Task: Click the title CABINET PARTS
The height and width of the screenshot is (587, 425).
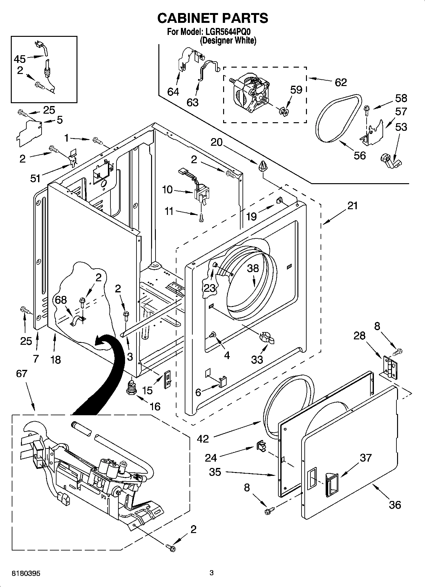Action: pyautogui.click(x=213, y=18)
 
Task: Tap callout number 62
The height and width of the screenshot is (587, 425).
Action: pyautogui.click(x=341, y=82)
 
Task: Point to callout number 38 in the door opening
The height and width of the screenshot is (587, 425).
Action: pyautogui.click(x=253, y=268)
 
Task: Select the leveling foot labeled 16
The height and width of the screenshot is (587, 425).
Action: pyautogui.click(x=131, y=388)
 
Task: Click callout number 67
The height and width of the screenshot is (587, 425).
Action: pyautogui.click(x=22, y=374)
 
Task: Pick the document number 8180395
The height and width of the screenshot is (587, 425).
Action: pyautogui.click(x=26, y=573)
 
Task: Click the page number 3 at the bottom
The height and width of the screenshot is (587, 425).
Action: pyautogui.click(x=212, y=573)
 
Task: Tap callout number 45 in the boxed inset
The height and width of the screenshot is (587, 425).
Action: pyautogui.click(x=20, y=59)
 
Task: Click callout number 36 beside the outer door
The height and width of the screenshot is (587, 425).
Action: pyautogui.click(x=395, y=504)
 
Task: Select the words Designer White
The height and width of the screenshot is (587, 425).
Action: pyautogui.click(x=228, y=41)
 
